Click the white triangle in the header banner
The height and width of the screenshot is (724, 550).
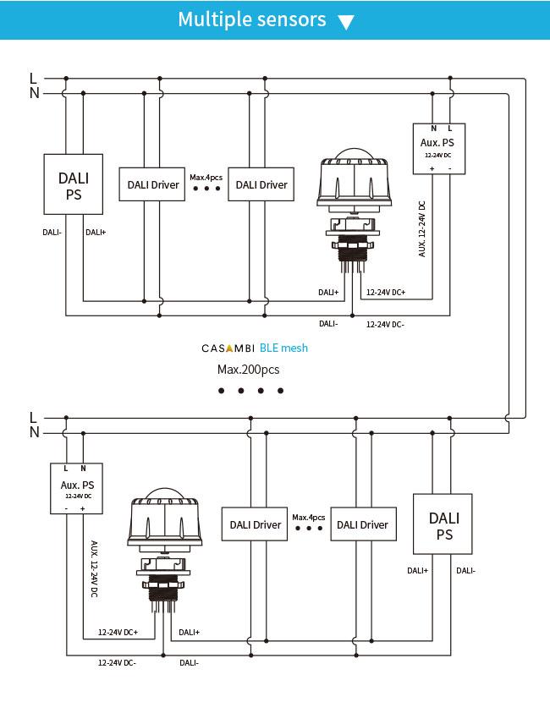[x=346, y=22]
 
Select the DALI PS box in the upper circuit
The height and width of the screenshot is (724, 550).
[x=74, y=184]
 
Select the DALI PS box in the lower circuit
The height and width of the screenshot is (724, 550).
[x=443, y=524]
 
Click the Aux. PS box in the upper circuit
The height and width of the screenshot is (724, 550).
[x=438, y=149]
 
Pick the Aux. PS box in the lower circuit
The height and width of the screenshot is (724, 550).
[x=77, y=489]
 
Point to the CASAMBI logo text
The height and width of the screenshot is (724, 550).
[x=228, y=348]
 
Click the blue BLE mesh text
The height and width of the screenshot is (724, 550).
[x=283, y=348]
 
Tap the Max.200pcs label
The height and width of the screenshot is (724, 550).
[x=249, y=370]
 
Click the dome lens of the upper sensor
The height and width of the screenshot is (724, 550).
[x=355, y=154]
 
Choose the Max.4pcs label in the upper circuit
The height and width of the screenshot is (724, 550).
[x=206, y=178]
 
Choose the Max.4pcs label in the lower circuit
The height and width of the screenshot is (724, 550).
[x=309, y=518]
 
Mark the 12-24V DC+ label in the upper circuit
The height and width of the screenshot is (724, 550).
[x=386, y=293]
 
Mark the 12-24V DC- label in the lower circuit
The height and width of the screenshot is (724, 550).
[x=117, y=663]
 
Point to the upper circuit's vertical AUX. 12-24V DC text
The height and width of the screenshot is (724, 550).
[x=422, y=228]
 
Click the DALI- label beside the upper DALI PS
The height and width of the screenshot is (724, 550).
[x=52, y=233]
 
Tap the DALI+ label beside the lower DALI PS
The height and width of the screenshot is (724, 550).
[x=417, y=571]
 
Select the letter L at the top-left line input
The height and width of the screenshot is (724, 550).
[x=33, y=79]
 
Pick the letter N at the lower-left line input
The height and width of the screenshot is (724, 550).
[x=34, y=433]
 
